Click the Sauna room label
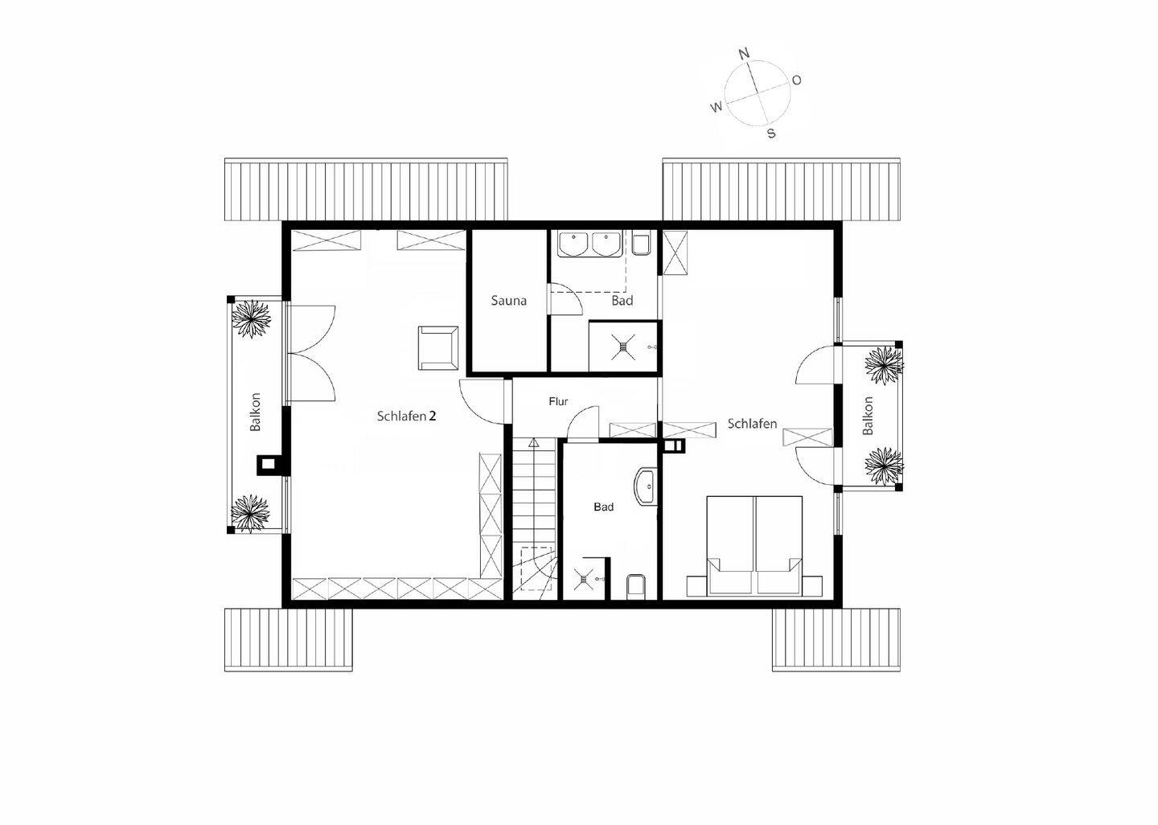[509, 301]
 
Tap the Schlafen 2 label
[406, 416]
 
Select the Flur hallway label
[558, 401]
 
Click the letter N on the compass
[744, 54]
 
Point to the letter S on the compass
[771, 133]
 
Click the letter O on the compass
[797, 80]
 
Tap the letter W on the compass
[716, 107]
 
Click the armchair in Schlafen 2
[438, 347]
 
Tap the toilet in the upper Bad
[641, 244]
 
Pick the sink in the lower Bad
[645, 488]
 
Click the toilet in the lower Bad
[635, 585]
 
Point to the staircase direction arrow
[532, 442]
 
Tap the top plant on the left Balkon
[252, 318]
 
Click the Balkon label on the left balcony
[256, 412]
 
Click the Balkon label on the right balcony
[868, 416]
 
